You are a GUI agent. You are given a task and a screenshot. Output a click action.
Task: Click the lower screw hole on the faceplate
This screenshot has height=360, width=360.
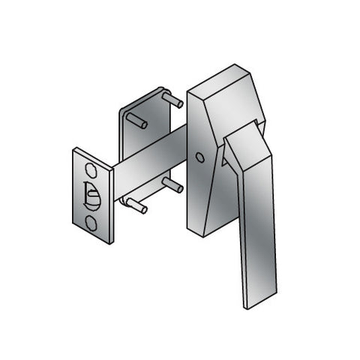(91, 222)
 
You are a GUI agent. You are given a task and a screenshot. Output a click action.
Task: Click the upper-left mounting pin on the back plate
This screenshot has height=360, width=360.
(137, 120)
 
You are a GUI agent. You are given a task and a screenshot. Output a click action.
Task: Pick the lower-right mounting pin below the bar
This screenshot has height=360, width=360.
(172, 184)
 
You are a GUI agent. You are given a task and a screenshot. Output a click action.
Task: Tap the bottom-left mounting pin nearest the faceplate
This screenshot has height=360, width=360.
(136, 205)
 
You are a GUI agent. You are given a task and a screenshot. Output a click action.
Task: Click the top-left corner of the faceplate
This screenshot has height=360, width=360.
(73, 151)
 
